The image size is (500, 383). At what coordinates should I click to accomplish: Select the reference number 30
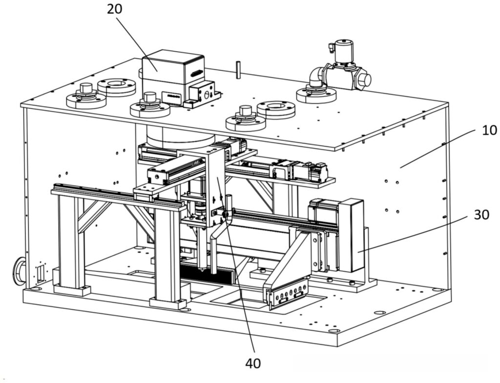coord(481,215)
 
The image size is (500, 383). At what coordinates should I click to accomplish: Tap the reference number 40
coord(253,363)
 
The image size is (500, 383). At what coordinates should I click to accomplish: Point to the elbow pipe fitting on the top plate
coord(316,77)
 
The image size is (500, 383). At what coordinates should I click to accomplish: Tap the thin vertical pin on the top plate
coord(238,69)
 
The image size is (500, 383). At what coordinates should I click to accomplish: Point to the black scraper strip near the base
coord(207,275)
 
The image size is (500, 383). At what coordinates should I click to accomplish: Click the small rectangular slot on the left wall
coord(41,273)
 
